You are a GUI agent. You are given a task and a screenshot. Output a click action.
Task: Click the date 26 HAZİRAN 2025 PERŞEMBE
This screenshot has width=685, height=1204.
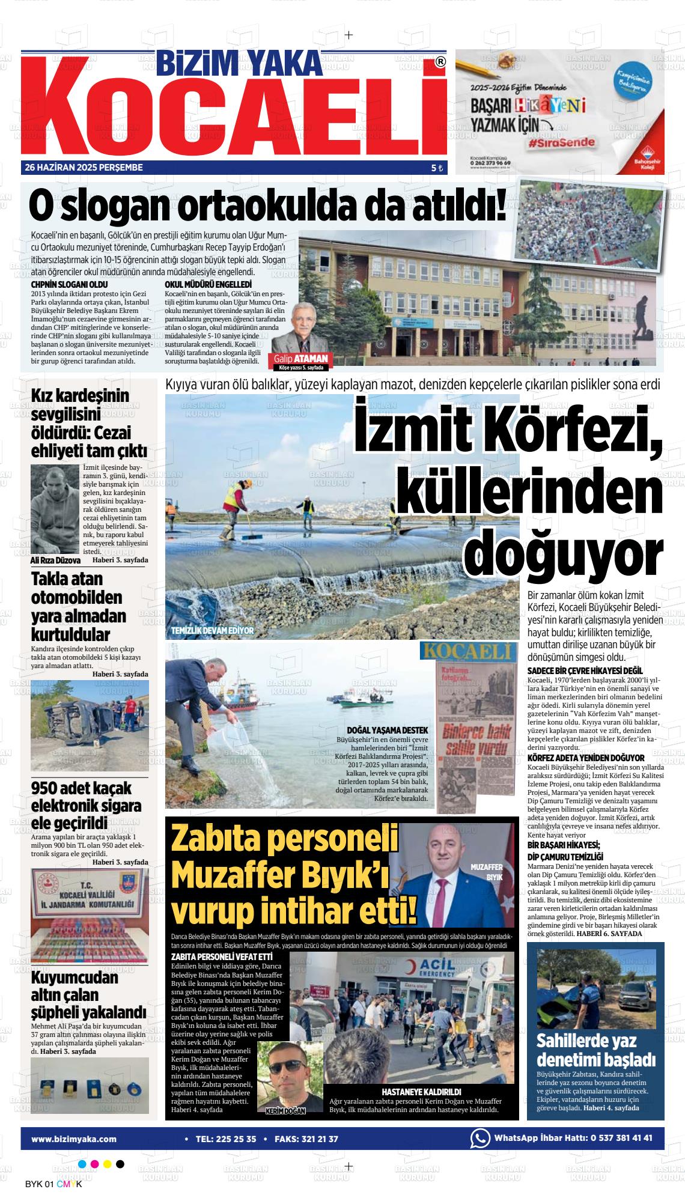point(84,168)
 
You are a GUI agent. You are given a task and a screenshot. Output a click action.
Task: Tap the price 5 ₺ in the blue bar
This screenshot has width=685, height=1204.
point(436,168)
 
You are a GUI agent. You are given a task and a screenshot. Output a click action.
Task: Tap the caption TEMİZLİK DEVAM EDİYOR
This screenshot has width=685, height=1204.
point(213,631)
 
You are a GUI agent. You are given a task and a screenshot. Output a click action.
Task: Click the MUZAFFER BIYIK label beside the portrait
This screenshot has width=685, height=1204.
point(486,872)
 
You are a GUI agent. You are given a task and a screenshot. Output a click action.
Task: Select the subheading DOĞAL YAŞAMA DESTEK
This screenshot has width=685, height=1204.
point(387,730)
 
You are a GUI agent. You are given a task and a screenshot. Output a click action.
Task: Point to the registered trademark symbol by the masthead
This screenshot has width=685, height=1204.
point(440,61)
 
